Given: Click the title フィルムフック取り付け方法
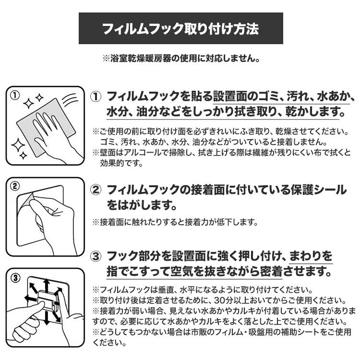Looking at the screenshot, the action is [x=180, y=29].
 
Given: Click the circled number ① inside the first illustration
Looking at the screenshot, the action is [x=15, y=95].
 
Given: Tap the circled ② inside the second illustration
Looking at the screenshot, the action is [x=15, y=186].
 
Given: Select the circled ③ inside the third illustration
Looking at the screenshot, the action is [x=15, y=278].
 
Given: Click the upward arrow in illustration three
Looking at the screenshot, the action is [x=47, y=285].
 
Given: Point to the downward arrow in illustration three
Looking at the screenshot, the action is [x=47, y=318].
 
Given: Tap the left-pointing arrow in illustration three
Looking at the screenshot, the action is [x=31, y=299].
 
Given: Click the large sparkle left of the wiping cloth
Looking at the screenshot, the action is [x=18, y=145].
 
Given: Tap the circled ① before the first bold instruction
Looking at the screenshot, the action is [x=96, y=96].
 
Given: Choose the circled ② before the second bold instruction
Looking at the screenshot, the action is [x=96, y=190].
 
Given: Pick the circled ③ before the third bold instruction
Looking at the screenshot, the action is [x=96, y=256].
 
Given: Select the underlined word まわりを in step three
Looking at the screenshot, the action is [x=311, y=256].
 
